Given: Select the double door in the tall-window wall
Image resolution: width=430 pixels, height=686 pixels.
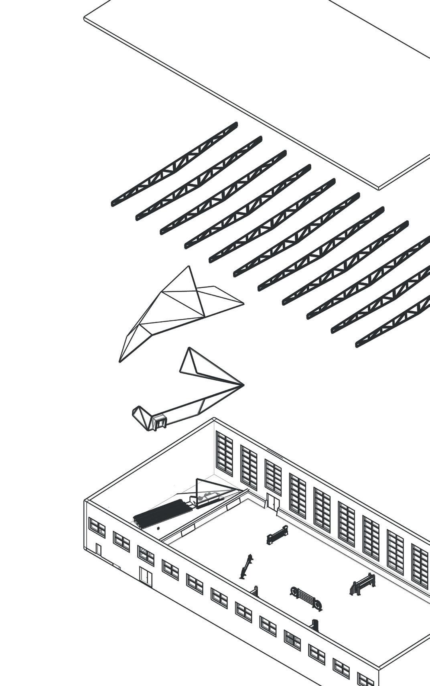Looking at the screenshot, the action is pyautogui.click(x=273, y=502).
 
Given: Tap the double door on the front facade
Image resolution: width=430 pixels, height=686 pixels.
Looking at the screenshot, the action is pyautogui.click(x=146, y=575).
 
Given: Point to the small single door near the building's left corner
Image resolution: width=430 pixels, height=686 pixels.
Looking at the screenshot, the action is pyautogui.click(x=99, y=549).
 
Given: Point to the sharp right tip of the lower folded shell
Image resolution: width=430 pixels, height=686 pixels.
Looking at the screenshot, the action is pyautogui.click(x=243, y=385).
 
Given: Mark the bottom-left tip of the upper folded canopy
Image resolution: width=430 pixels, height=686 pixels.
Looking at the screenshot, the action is pyautogui.click(x=120, y=361).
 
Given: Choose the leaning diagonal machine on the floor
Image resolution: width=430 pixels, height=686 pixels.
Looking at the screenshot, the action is pyautogui.click(x=246, y=566).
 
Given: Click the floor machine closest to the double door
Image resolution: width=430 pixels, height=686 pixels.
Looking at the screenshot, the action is pyautogui.click(x=277, y=535).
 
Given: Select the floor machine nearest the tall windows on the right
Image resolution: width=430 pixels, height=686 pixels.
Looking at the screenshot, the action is pyautogui.click(x=363, y=584).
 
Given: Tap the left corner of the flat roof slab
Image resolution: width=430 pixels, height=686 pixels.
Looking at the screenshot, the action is pyautogui.click(x=85, y=18).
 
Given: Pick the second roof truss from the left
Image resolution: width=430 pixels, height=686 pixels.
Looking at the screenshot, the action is pyautogui.click(x=199, y=178).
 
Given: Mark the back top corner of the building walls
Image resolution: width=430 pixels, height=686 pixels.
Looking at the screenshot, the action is pyautogui.click(x=214, y=419).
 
